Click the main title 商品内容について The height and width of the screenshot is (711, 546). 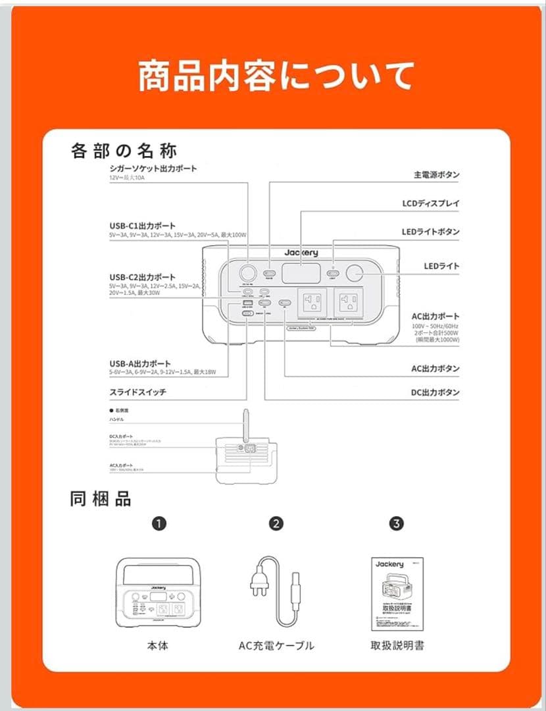[x=276, y=76]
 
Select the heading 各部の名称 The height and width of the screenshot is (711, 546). [x=124, y=151]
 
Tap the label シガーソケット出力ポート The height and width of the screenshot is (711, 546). [x=153, y=169]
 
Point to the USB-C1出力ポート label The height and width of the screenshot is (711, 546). [x=143, y=226]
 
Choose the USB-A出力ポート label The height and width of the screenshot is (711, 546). [x=140, y=363]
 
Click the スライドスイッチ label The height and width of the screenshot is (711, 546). [x=138, y=392]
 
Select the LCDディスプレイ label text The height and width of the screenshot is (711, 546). [x=431, y=203]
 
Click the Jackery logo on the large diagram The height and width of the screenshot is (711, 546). [x=301, y=253]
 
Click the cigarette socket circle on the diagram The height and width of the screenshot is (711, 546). [x=249, y=273]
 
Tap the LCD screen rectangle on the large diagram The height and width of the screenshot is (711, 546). [x=301, y=273]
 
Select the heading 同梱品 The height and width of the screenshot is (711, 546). [x=101, y=498]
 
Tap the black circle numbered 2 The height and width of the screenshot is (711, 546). [x=276, y=524]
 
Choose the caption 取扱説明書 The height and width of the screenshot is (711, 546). [x=397, y=645]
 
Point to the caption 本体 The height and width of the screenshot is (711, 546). [x=158, y=645]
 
